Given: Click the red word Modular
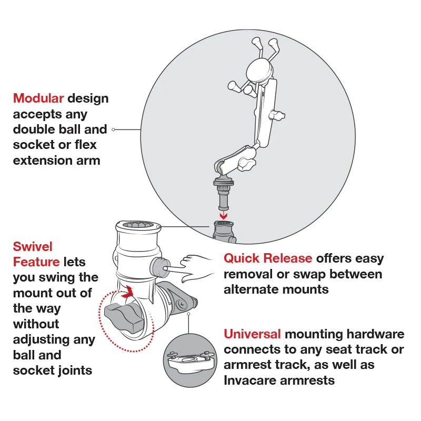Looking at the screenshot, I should pos(38,98).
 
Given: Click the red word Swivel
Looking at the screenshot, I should pos(33,246).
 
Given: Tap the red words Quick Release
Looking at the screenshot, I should pos(268,258).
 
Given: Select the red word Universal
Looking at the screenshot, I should pos(252,334).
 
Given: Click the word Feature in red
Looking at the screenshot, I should pos(36,262).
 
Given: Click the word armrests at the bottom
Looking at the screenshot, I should pos(308,380).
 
